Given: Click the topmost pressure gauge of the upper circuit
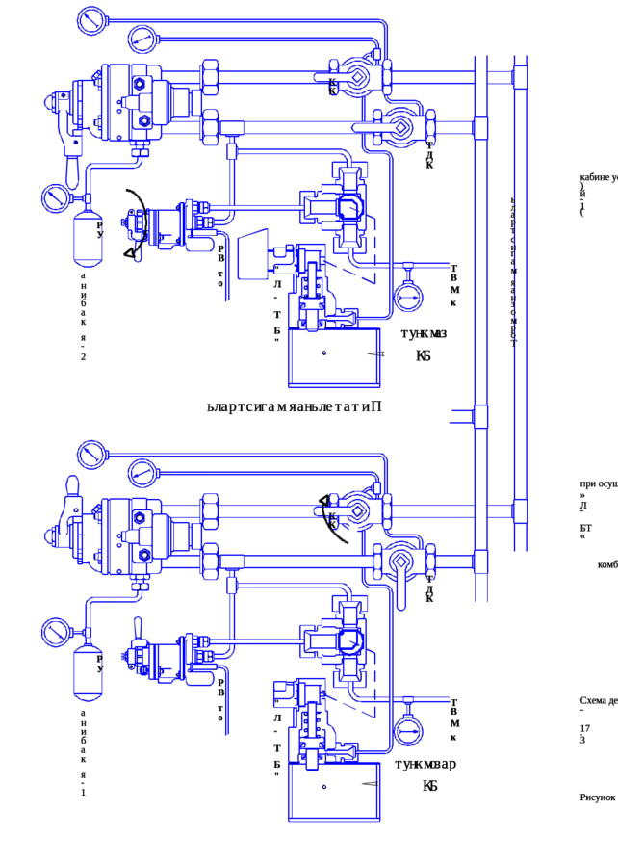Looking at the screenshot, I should (90, 17).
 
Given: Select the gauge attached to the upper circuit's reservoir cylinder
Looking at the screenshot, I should (56, 199).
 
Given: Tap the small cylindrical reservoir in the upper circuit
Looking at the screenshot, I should (90, 233).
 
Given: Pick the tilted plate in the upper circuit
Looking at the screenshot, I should (253, 252).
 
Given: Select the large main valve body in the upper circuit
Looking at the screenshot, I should (130, 104).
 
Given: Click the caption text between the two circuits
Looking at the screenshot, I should (295, 407).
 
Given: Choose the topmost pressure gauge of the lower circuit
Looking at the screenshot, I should (90, 451).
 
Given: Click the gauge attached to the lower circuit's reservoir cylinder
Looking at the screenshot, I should (56, 633).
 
